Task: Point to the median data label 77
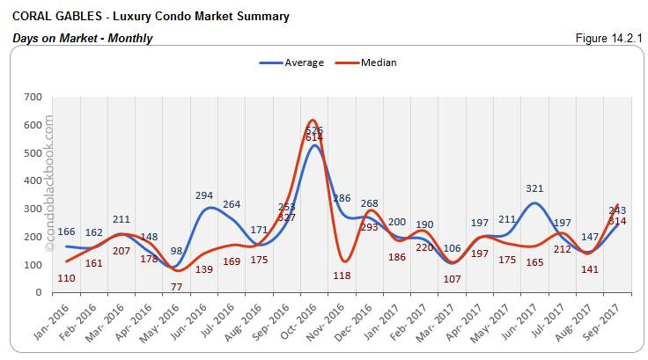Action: coord(177,287)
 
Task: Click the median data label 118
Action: coord(342,275)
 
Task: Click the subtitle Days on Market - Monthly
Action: coord(83,38)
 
